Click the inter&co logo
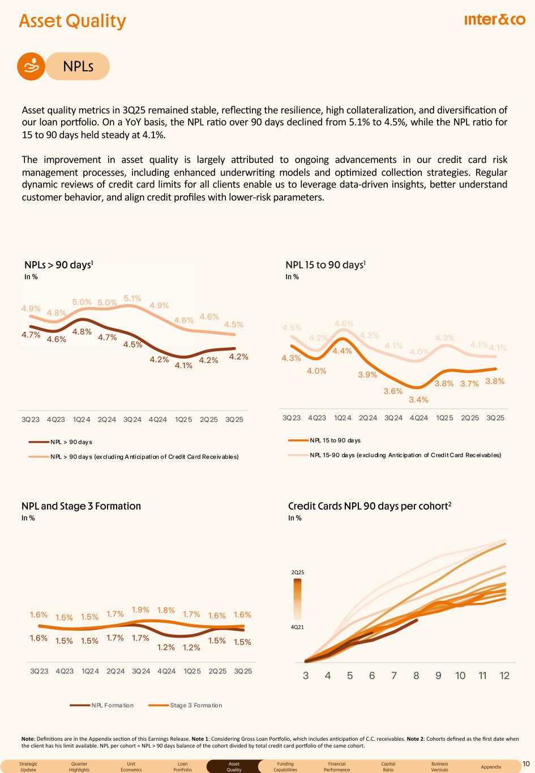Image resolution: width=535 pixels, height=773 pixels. (494, 20)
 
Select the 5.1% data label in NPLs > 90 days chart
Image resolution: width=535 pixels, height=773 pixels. (132, 298)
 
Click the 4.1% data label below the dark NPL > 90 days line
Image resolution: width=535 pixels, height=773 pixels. (183, 366)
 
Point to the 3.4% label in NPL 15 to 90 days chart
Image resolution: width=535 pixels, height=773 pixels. (418, 400)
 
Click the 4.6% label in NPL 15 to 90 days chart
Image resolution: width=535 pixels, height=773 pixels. (344, 323)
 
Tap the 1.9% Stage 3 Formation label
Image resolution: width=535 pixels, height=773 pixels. (140, 610)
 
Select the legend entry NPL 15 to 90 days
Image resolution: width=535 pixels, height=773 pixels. (335, 440)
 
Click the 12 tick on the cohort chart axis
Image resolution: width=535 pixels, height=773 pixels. (504, 676)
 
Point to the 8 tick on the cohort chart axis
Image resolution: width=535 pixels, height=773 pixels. (416, 676)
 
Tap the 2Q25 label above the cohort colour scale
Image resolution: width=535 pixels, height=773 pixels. (298, 573)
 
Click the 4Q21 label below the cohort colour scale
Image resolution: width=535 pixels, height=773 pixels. (298, 627)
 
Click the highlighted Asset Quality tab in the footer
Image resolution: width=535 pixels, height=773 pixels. (234, 767)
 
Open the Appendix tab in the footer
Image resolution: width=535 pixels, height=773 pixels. (490, 767)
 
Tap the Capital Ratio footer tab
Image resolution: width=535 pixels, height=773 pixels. (388, 767)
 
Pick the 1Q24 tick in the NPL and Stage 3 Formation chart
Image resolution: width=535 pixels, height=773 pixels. (90, 671)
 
